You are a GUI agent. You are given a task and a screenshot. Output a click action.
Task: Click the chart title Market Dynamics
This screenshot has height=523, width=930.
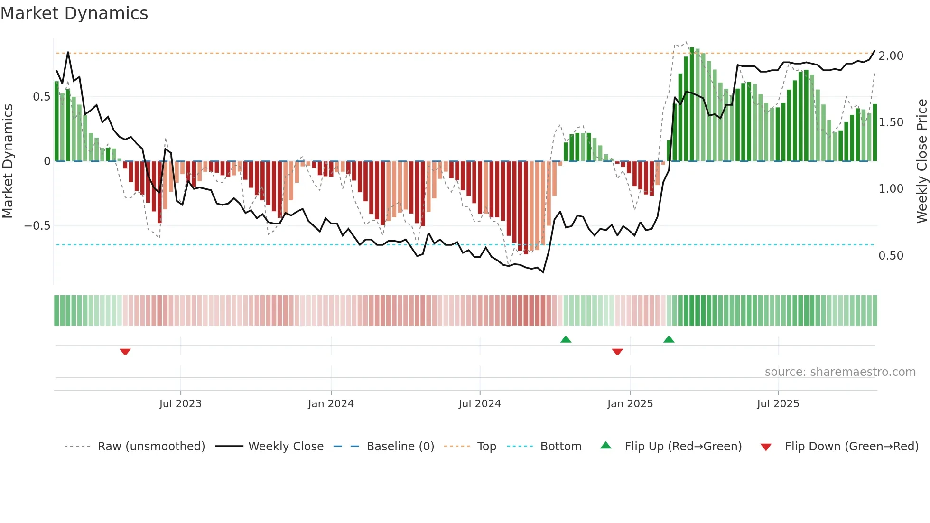click(74, 13)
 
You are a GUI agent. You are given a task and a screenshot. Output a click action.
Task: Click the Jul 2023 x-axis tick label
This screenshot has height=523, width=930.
click(180, 404)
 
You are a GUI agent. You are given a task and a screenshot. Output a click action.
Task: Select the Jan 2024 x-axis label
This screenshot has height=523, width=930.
click(331, 404)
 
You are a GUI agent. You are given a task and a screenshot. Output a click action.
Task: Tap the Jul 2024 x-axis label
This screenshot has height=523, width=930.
click(480, 404)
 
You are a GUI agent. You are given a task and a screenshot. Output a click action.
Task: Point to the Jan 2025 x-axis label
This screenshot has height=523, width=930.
click(630, 404)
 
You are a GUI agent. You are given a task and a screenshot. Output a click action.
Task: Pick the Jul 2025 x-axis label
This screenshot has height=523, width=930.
click(778, 404)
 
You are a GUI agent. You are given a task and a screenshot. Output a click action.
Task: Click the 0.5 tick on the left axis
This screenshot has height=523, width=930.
click(41, 97)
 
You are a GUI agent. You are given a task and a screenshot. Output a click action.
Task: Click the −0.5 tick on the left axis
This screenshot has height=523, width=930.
click(37, 226)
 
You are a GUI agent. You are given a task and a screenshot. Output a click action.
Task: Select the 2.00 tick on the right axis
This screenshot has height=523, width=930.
click(891, 56)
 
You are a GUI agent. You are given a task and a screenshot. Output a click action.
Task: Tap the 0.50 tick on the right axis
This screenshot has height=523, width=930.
click(891, 256)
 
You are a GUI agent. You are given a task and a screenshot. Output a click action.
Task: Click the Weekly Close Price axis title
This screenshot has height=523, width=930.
click(921, 161)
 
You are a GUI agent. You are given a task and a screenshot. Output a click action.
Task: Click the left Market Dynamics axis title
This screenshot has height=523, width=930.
click(8, 161)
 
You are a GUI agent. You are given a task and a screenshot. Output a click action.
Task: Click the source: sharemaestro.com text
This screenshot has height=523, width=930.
click(840, 372)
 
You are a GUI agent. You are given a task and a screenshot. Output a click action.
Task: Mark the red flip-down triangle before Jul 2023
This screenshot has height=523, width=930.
click(125, 352)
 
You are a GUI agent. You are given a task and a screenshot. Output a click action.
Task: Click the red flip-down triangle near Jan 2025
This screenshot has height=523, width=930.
click(617, 352)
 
